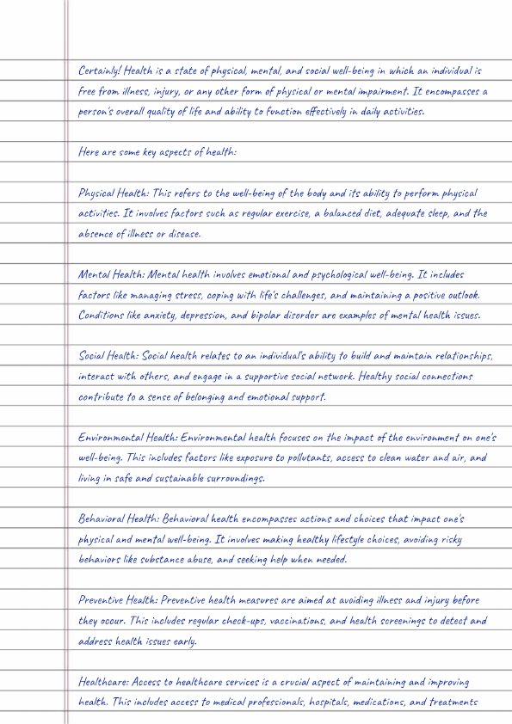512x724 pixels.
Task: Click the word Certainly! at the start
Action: click(x=101, y=71)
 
